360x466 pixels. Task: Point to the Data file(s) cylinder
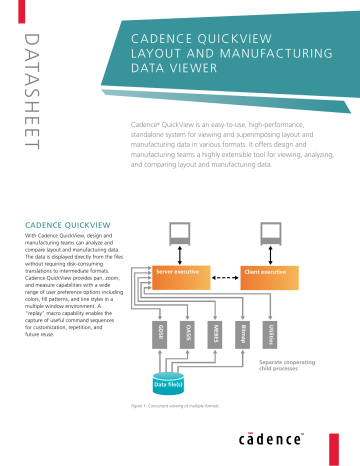166,383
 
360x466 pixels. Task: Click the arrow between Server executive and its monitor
180,256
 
